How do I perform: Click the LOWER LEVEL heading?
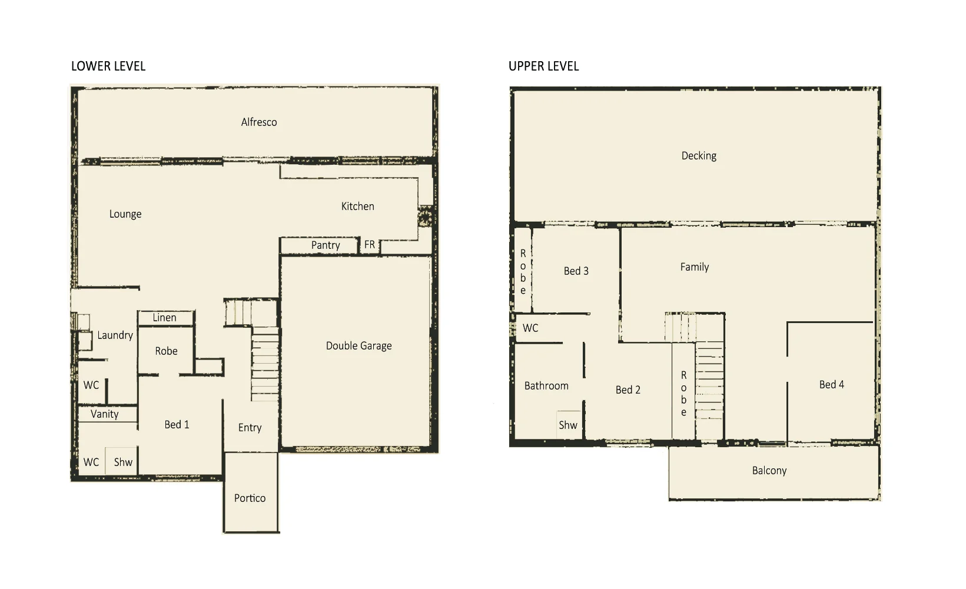[108, 66]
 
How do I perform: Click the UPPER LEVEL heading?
[543, 66]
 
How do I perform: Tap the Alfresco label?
[258, 122]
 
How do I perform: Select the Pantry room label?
[326, 245]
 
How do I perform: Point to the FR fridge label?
[369, 244]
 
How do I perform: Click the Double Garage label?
[358, 346]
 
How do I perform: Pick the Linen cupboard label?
[164, 318]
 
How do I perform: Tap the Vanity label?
[105, 414]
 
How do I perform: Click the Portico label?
[250, 498]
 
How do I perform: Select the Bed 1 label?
[177, 425]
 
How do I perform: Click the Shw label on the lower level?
[123, 462]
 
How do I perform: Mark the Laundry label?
[115, 335]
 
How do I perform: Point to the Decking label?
[699, 156]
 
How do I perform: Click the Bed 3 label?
[576, 271]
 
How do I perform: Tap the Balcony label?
[769, 471]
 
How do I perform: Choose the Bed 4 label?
[831, 385]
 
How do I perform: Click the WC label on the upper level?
[530, 328]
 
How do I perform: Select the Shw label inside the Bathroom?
[568, 425]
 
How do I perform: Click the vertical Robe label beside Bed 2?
[683, 393]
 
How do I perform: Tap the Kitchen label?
[357, 207]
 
